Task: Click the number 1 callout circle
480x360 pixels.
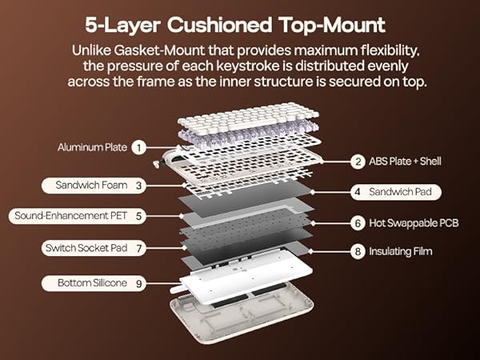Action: (x=139, y=147)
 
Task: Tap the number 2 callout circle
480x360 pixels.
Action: (x=358, y=162)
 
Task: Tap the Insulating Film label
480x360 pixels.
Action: (x=392, y=251)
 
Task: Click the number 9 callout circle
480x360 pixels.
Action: (x=139, y=282)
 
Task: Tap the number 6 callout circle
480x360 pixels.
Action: (x=358, y=222)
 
